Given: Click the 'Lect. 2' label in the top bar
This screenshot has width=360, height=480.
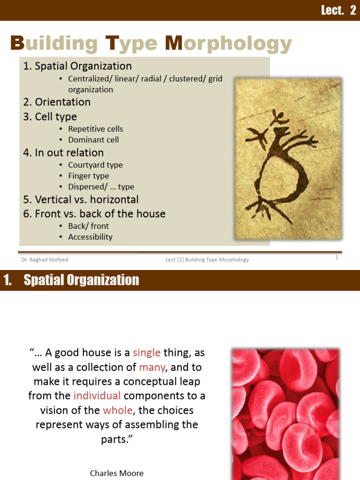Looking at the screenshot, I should click(338, 10).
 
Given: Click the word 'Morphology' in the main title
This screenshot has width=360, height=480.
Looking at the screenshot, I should click(228, 44).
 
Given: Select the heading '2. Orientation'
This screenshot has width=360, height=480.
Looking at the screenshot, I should click(57, 102).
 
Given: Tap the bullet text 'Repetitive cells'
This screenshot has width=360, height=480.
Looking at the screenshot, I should click(96, 129).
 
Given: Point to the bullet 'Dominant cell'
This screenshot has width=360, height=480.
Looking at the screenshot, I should click(93, 140).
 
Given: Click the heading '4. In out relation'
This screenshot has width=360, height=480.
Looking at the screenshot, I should click(63, 153).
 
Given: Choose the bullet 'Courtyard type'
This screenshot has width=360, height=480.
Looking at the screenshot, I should click(95, 165).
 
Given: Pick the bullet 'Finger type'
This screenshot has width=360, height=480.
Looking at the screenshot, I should click(89, 176).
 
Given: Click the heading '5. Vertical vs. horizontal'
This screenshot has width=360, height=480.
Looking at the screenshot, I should click(81, 200).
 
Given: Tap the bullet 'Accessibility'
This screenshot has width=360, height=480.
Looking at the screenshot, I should click(90, 237).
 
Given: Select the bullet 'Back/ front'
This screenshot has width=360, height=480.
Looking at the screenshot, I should click(89, 226).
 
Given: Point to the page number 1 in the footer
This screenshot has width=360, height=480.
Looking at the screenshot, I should click(337, 257).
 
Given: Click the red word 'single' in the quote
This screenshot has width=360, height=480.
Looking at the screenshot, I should click(147, 352).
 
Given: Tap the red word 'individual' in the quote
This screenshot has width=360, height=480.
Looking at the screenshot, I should click(97, 396).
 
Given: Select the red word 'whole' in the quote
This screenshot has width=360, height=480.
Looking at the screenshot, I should click(118, 410).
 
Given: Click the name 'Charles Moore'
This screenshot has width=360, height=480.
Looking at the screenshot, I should click(117, 473).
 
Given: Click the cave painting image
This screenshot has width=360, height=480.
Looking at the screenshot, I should click(288, 158).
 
